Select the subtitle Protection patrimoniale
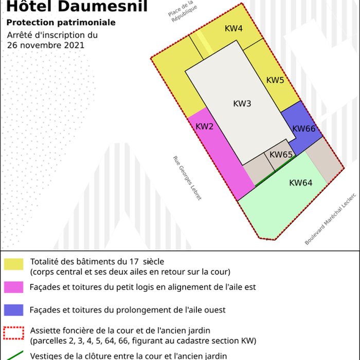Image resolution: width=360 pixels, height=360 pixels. point(61,23)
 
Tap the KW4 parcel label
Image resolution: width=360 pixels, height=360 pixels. point(233,28)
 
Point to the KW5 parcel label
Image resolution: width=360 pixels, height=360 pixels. point(275,80)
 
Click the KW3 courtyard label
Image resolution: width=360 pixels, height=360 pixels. point(242,103)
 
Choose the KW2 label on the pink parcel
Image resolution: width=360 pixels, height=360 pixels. point(204,127)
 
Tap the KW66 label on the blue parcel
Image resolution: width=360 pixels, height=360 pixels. point(303,129)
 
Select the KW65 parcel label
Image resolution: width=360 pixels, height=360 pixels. point(281,154)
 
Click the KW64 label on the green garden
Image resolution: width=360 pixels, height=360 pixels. point(300,183)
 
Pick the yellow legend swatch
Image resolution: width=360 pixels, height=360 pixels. point(13,264)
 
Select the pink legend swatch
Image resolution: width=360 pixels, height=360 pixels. point(13,287)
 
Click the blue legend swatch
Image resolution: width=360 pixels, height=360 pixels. point(13,310)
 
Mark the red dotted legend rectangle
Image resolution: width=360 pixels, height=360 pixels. point(13,333)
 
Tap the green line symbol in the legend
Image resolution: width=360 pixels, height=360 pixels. point(13,355)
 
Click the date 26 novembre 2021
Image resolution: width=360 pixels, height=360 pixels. point(46,45)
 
